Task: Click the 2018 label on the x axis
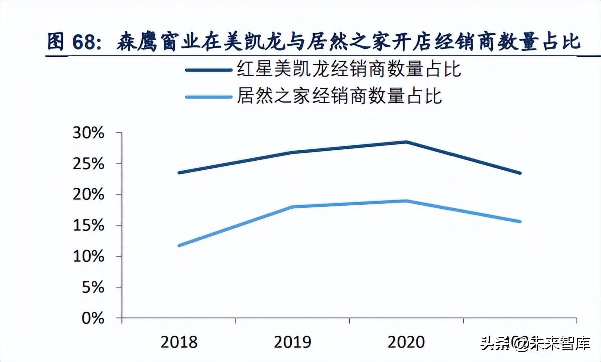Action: tap(179, 342)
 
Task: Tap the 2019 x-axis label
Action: tap(292, 342)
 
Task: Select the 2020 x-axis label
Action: tap(406, 342)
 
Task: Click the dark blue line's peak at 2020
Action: tap(406, 142)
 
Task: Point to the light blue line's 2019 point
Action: tap(292, 207)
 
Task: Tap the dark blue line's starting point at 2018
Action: tap(179, 173)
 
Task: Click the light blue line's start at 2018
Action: tap(179, 245)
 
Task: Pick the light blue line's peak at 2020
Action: tap(406, 201)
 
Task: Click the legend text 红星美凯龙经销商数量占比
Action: tap(349, 70)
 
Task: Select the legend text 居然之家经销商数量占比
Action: tap(339, 96)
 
